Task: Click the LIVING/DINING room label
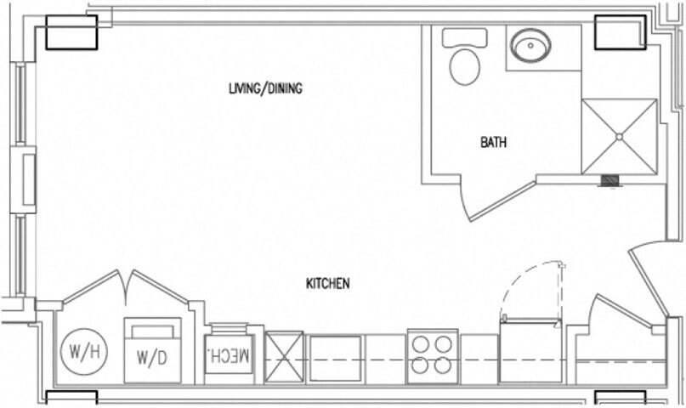266,88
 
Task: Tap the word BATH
493,143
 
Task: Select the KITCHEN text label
327,284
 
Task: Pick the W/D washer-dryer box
153,350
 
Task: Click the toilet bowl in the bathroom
465,66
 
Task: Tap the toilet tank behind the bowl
465,37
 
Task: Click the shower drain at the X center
620,136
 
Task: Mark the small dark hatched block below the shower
610,180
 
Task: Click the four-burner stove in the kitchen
433,354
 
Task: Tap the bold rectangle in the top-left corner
71,34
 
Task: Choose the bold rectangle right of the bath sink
620,33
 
